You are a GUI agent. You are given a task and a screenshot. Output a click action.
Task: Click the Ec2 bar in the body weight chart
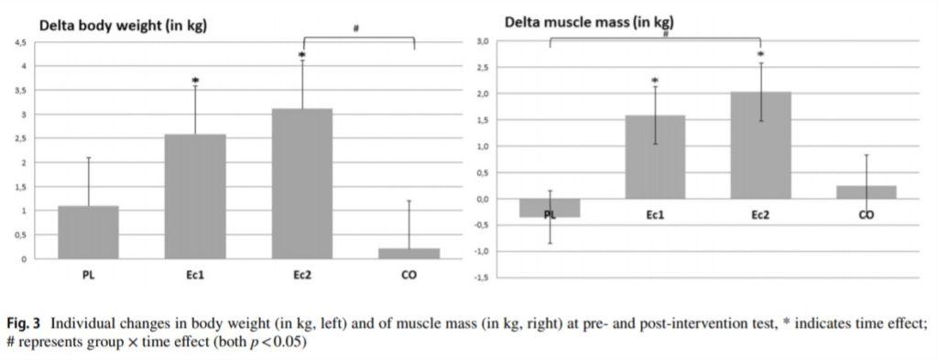302,183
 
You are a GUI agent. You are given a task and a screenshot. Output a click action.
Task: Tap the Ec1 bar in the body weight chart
195,196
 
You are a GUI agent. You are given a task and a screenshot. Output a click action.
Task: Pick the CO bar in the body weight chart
409,253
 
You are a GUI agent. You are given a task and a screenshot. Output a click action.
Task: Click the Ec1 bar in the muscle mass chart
655,157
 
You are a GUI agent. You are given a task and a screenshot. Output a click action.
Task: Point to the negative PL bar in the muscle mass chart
550,208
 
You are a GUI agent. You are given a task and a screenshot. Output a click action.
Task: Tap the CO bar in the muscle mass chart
866,191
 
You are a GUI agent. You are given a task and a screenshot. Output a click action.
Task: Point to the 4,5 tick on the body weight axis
20,43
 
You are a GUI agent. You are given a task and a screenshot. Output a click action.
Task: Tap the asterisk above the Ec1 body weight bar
195,82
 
